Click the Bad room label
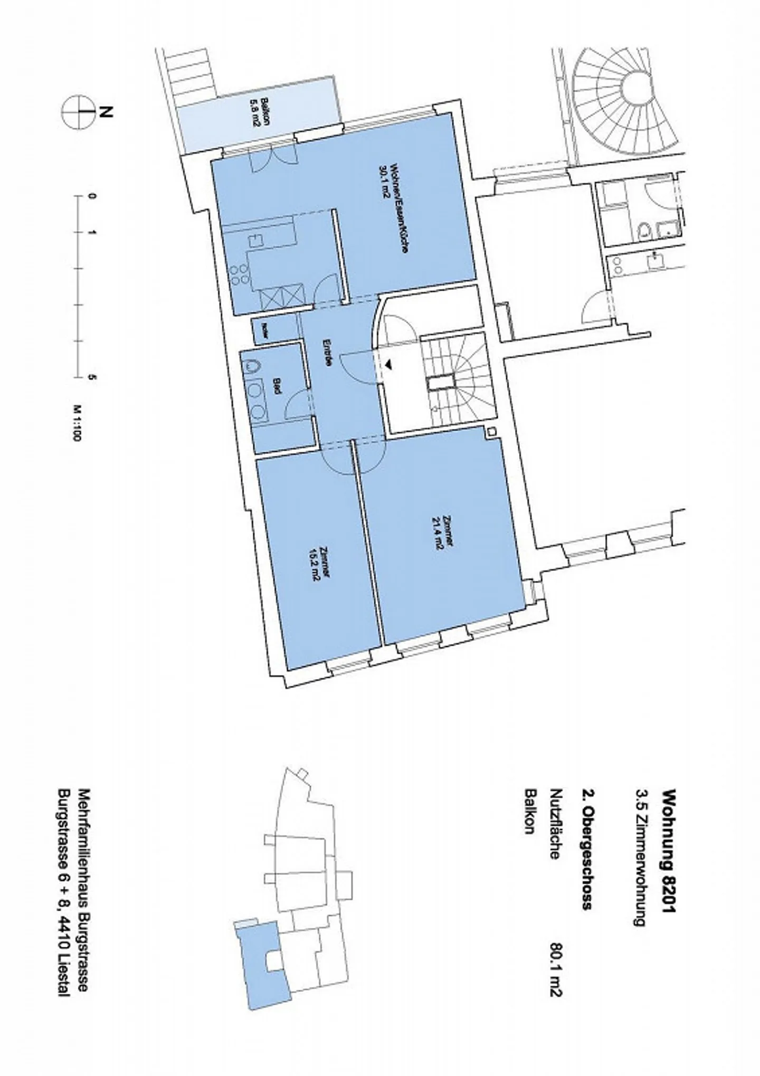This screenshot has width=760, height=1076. (x=275, y=384)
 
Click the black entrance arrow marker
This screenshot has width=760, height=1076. (x=388, y=364)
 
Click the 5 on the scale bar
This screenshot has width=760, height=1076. (x=93, y=377)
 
